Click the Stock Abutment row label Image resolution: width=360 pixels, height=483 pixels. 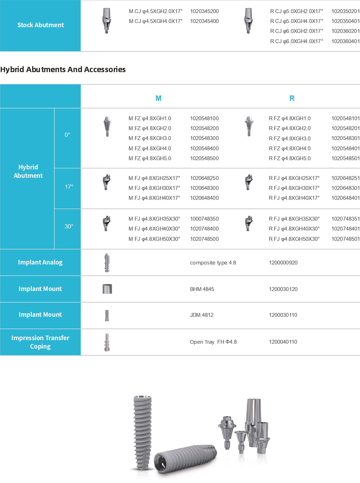41,25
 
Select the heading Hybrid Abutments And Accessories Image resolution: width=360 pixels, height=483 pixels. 63,69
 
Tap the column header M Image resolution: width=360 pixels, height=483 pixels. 158,98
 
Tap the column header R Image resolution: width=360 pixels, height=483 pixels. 292,98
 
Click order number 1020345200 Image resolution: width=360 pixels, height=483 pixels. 204,11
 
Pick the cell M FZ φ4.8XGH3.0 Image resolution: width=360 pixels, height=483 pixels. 150,138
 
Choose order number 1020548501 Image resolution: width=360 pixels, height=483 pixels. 345,158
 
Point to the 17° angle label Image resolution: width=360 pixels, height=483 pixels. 69,187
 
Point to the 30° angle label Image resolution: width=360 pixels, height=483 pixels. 69,226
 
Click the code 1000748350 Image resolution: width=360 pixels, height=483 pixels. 204,219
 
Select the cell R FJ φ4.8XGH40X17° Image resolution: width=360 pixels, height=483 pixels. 294,198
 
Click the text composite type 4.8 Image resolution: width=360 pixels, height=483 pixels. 213,263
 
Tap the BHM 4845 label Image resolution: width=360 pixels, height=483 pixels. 202,289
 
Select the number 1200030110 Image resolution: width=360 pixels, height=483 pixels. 283,315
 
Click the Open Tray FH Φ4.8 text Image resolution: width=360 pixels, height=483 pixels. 213,342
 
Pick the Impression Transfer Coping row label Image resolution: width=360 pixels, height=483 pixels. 40,342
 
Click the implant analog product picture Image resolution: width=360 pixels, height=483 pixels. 107,263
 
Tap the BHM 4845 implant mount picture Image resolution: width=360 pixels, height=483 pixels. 107,289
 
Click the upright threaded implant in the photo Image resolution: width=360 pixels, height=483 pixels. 142,431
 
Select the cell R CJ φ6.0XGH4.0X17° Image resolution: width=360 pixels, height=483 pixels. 296,41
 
